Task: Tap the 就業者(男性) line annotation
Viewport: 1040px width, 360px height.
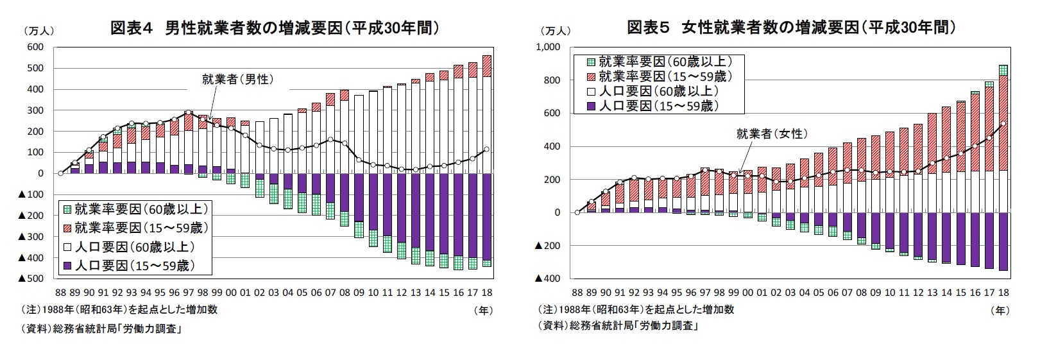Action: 238,80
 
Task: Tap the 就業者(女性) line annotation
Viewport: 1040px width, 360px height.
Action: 771,134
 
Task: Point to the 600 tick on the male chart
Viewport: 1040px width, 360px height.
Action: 35,47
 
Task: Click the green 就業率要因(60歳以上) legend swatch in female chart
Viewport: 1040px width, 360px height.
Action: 590,62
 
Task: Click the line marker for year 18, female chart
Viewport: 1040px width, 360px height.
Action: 1003,124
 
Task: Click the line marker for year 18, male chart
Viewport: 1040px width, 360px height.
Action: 486,149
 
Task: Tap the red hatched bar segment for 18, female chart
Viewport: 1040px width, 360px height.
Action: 1003,122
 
